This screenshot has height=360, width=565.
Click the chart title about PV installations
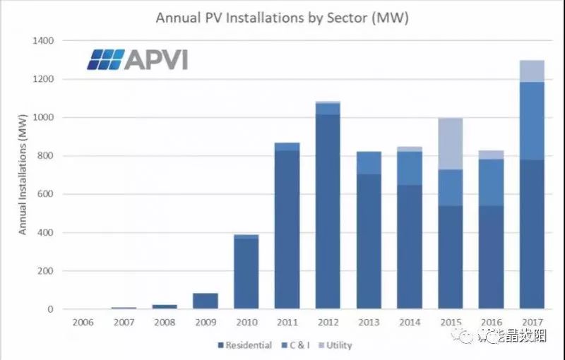coord(282,16)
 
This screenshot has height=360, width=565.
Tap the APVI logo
coord(137,60)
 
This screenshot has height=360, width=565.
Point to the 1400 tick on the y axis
coord(42,41)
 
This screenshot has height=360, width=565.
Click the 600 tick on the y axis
coord(45,194)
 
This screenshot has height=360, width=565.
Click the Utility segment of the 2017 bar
coord(531,71)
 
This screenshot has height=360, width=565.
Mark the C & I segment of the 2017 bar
coord(531,121)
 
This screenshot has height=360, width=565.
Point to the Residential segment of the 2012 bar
coord(328,212)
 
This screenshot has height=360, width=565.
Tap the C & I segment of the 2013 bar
coord(369,162)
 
